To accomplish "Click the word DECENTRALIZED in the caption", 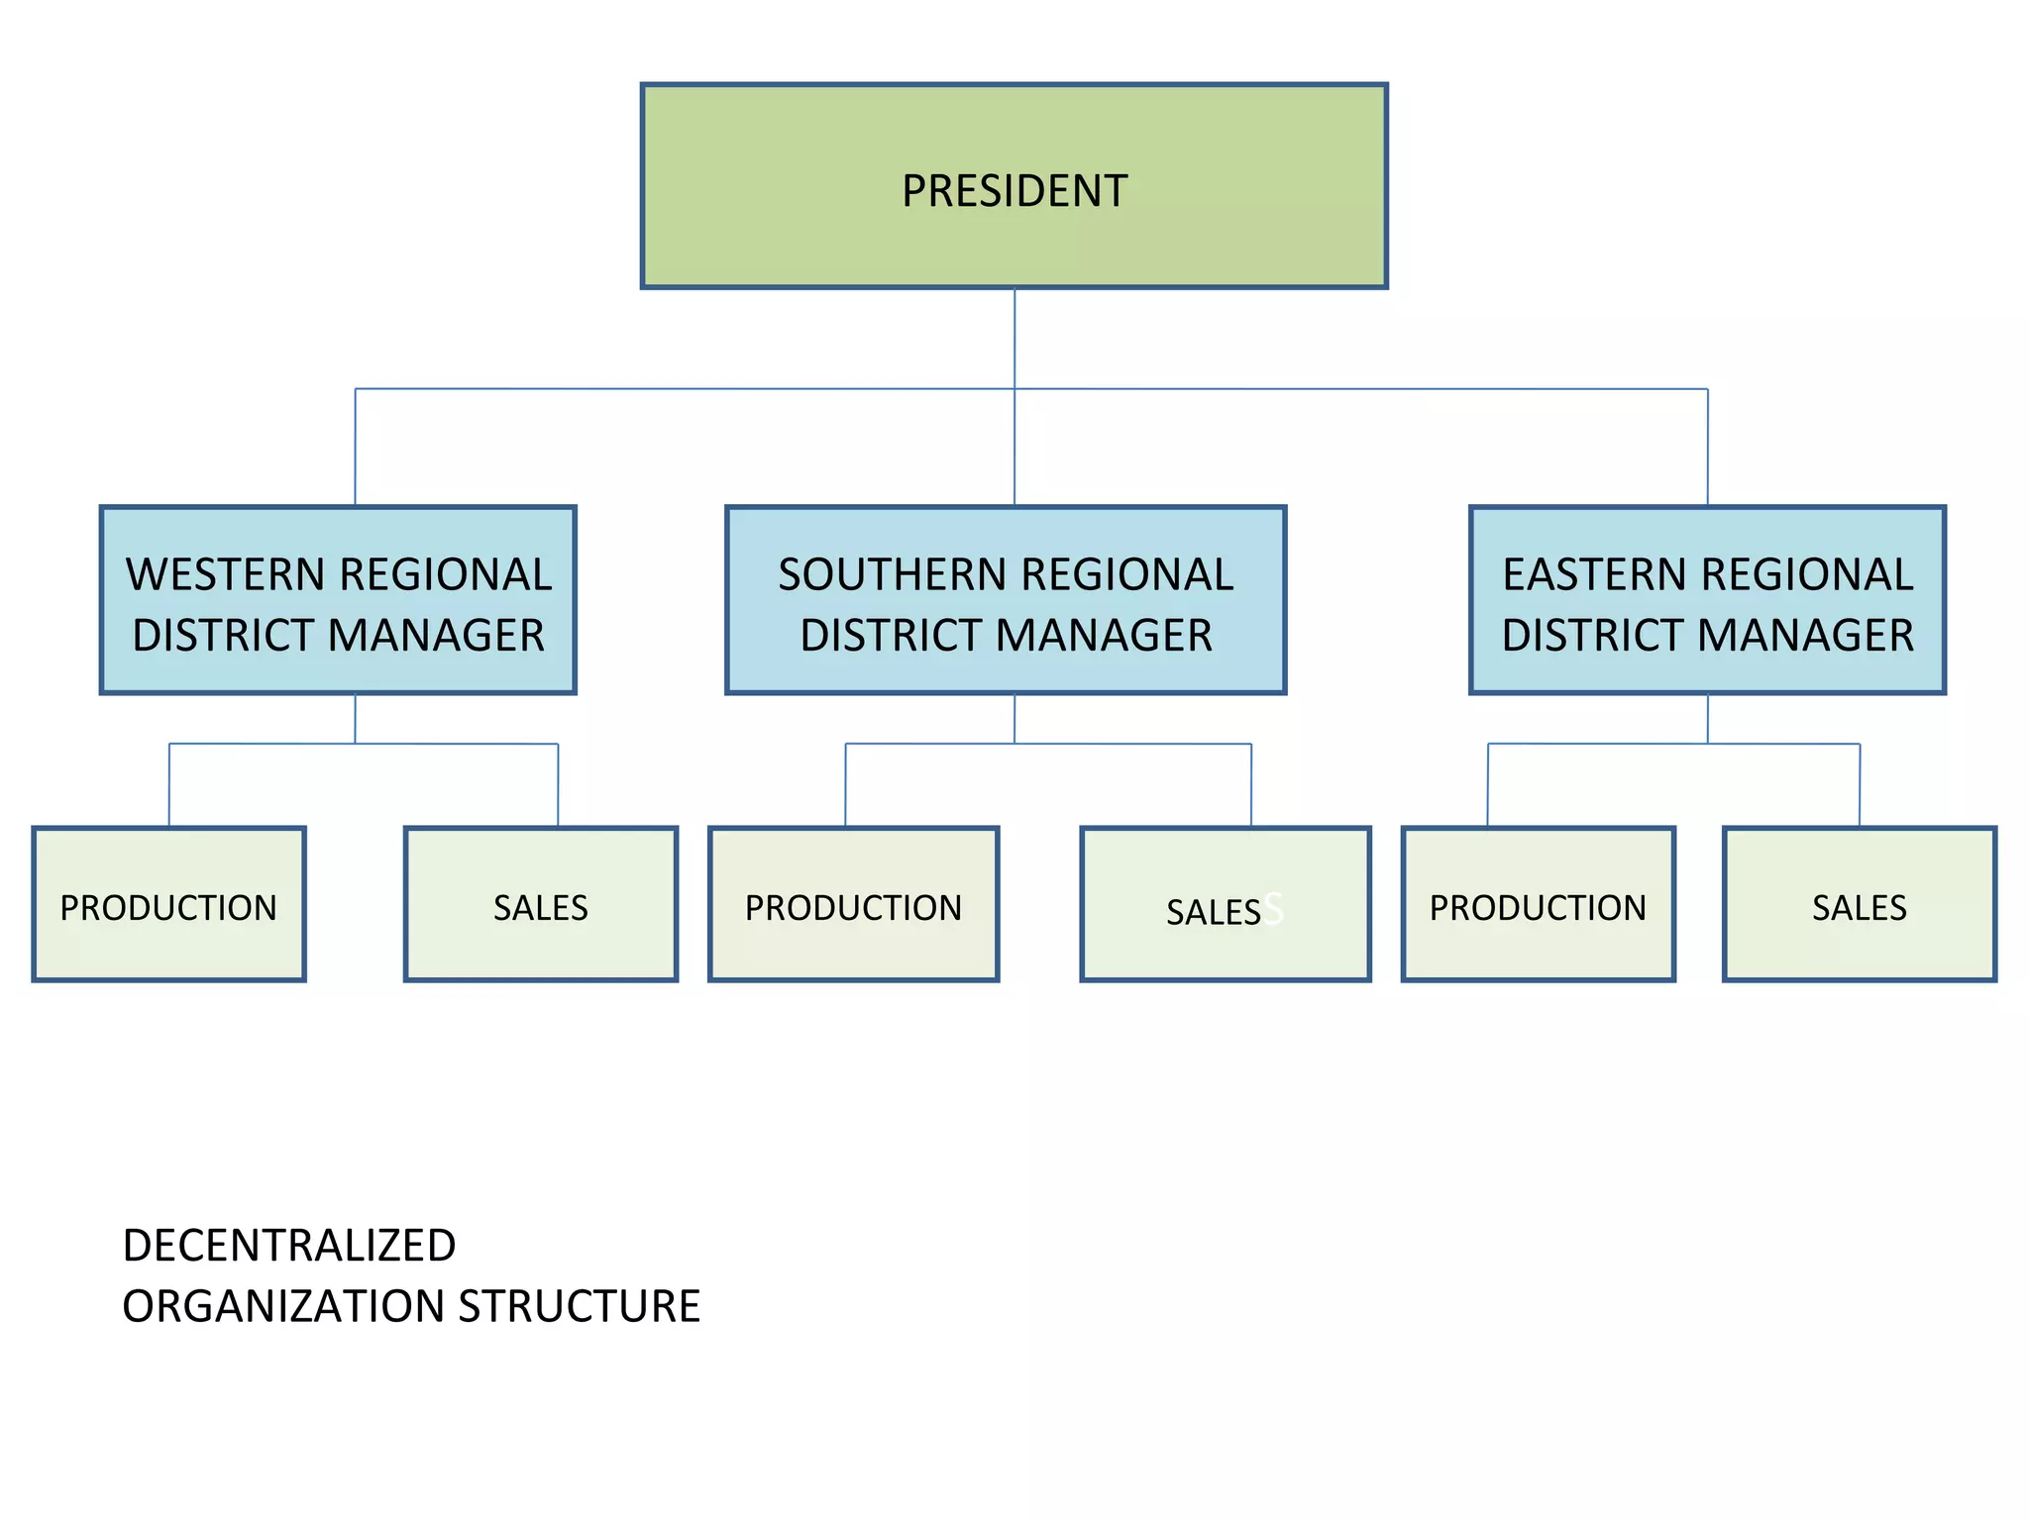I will (289, 1246).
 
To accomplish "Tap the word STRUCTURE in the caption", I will (580, 1307).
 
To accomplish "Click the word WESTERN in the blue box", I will (226, 575).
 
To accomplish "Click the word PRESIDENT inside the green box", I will (1014, 191).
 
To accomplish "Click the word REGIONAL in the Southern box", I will (1127, 575).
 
